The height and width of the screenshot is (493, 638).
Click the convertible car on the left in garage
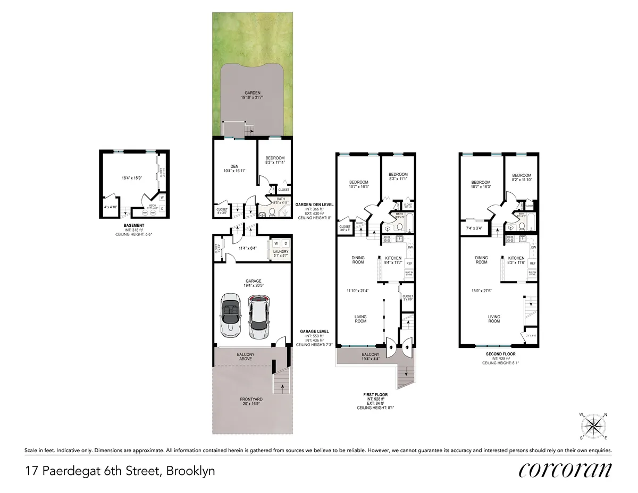point(232,315)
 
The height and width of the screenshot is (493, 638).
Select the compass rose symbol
point(594,426)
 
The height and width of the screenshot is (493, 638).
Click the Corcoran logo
point(565,471)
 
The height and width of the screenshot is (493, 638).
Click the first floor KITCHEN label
point(393,258)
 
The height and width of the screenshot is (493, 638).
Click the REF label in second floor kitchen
point(532,263)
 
